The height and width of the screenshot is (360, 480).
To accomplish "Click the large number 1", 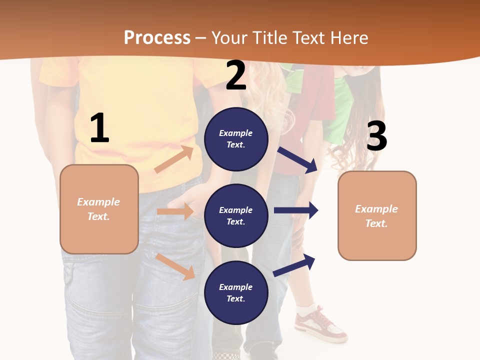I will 99,128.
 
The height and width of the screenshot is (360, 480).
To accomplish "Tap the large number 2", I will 236,76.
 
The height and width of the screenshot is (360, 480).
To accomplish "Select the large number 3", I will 376,136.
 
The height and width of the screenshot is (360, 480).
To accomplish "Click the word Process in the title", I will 157,37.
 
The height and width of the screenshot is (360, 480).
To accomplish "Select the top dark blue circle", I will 236,139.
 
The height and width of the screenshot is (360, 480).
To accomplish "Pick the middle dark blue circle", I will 236,215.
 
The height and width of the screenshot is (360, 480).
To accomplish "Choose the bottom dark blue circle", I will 236,292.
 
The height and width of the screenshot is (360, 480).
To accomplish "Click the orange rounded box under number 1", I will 99,209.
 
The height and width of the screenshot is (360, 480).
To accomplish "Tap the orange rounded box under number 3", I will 377,215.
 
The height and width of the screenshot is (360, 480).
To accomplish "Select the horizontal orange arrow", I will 175,211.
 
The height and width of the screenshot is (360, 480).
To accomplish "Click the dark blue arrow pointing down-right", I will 297,160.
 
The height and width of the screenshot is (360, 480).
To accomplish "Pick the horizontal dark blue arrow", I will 296,210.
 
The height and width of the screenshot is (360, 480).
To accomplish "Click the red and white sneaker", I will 319,325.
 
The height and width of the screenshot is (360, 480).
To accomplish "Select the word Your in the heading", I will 230,37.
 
